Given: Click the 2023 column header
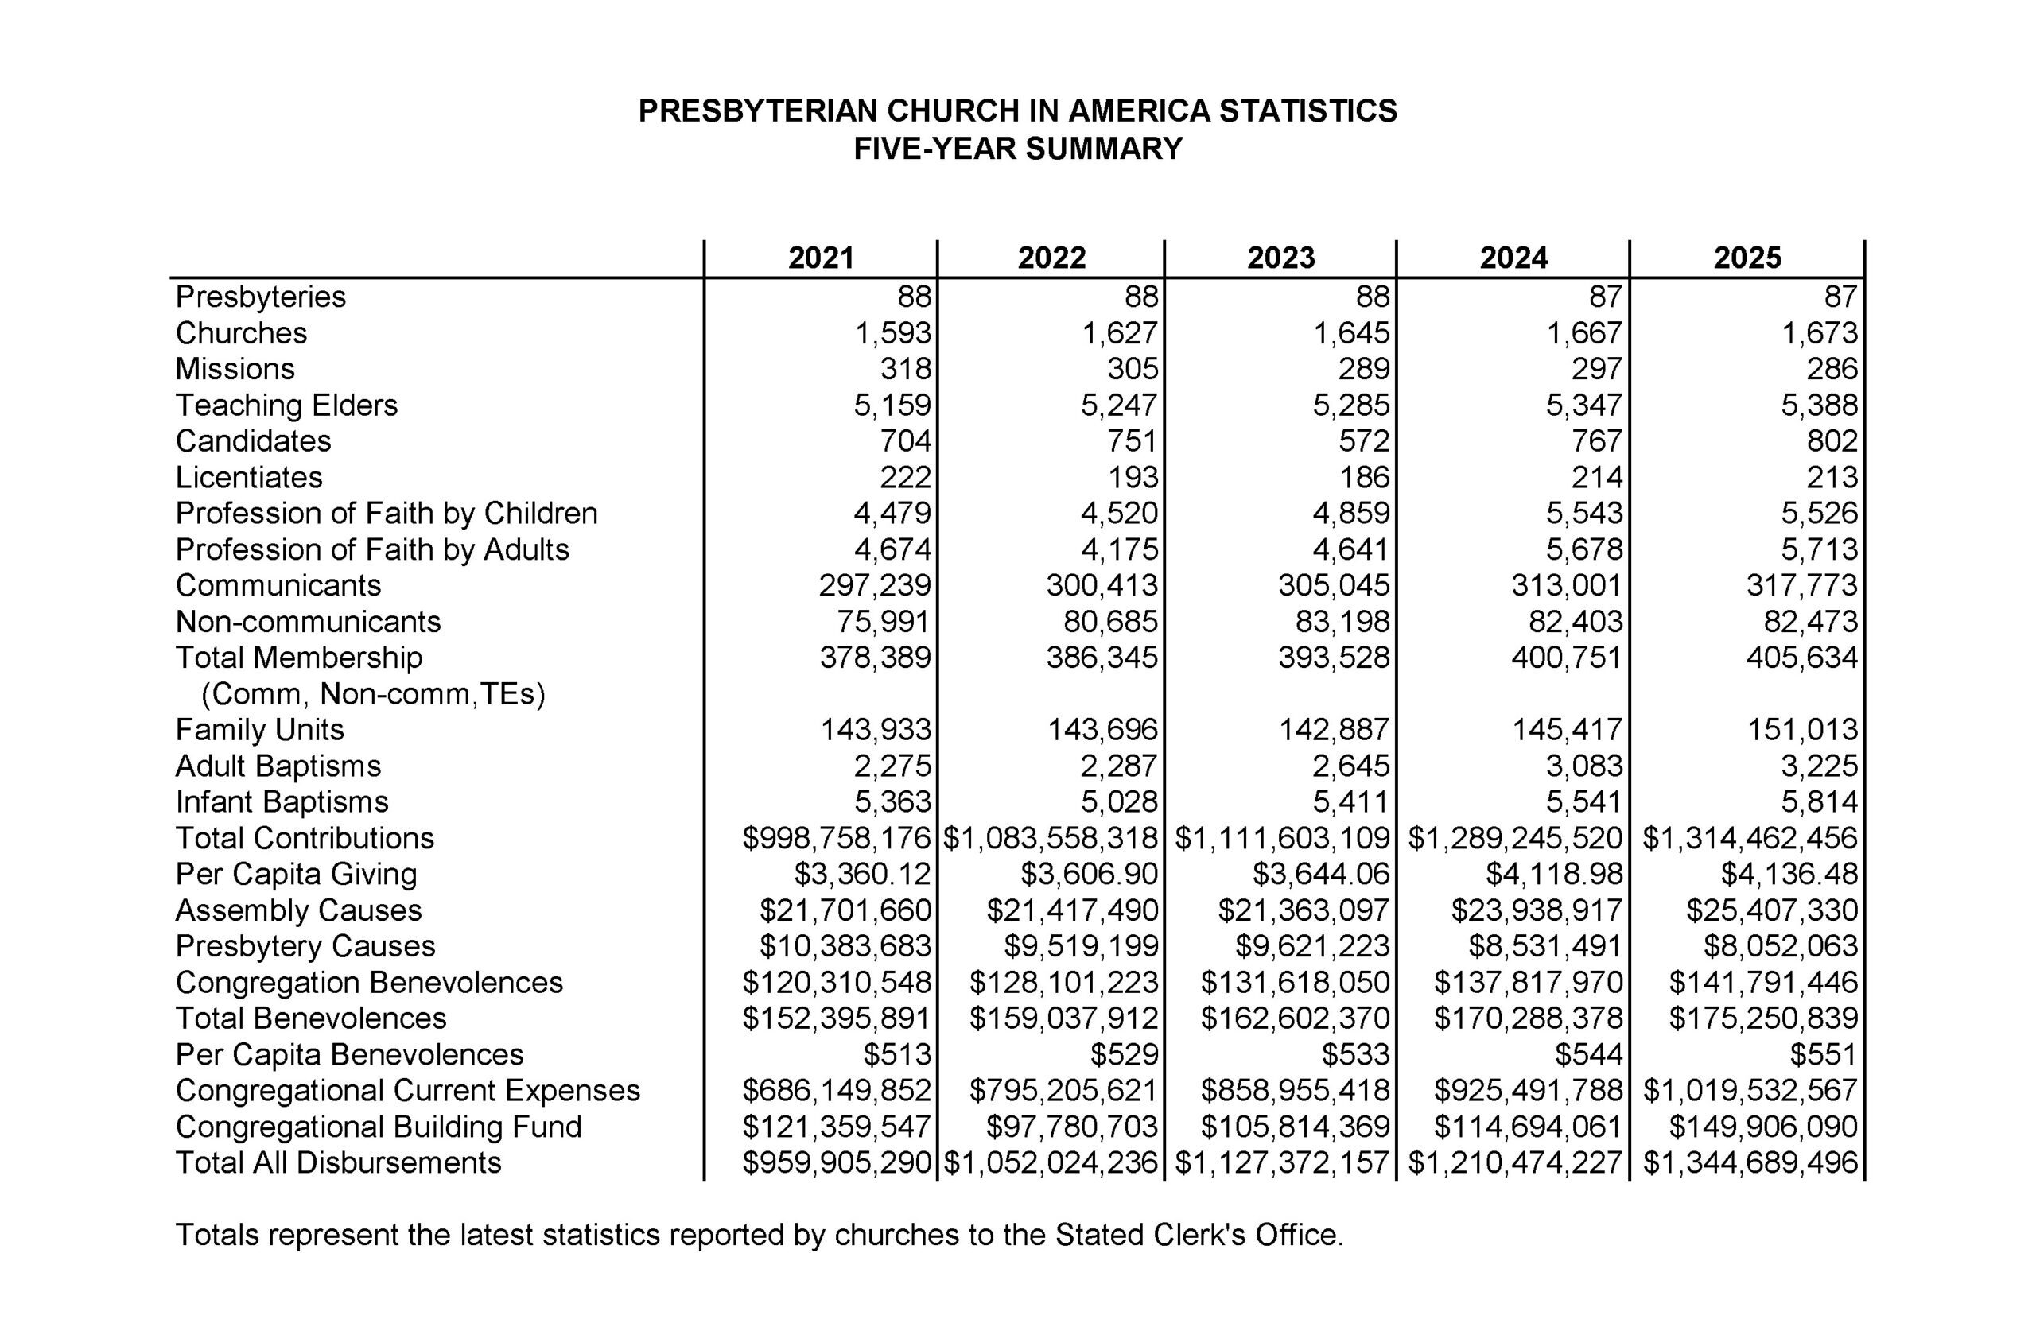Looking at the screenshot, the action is [x=1280, y=258].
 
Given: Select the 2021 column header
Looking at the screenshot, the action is [x=822, y=258].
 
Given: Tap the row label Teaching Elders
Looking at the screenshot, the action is [x=286, y=405].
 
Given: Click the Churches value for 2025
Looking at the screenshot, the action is [x=1820, y=332].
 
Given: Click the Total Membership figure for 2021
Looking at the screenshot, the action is [x=875, y=657].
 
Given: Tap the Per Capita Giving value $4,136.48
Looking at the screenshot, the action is [x=1789, y=874].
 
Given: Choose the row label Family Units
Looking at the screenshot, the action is [x=260, y=730].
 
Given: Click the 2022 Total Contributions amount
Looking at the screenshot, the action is [x=1051, y=838].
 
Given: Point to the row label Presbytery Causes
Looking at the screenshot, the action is [x=305, y=946].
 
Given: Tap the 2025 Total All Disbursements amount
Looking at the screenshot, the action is [x=1750, y=1163].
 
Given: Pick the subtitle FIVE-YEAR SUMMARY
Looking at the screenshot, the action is [x=1018, y=149].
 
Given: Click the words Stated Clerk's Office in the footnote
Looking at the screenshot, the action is [x=1199, y=1235].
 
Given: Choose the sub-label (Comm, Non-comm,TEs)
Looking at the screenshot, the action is [x=373, y=693].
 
